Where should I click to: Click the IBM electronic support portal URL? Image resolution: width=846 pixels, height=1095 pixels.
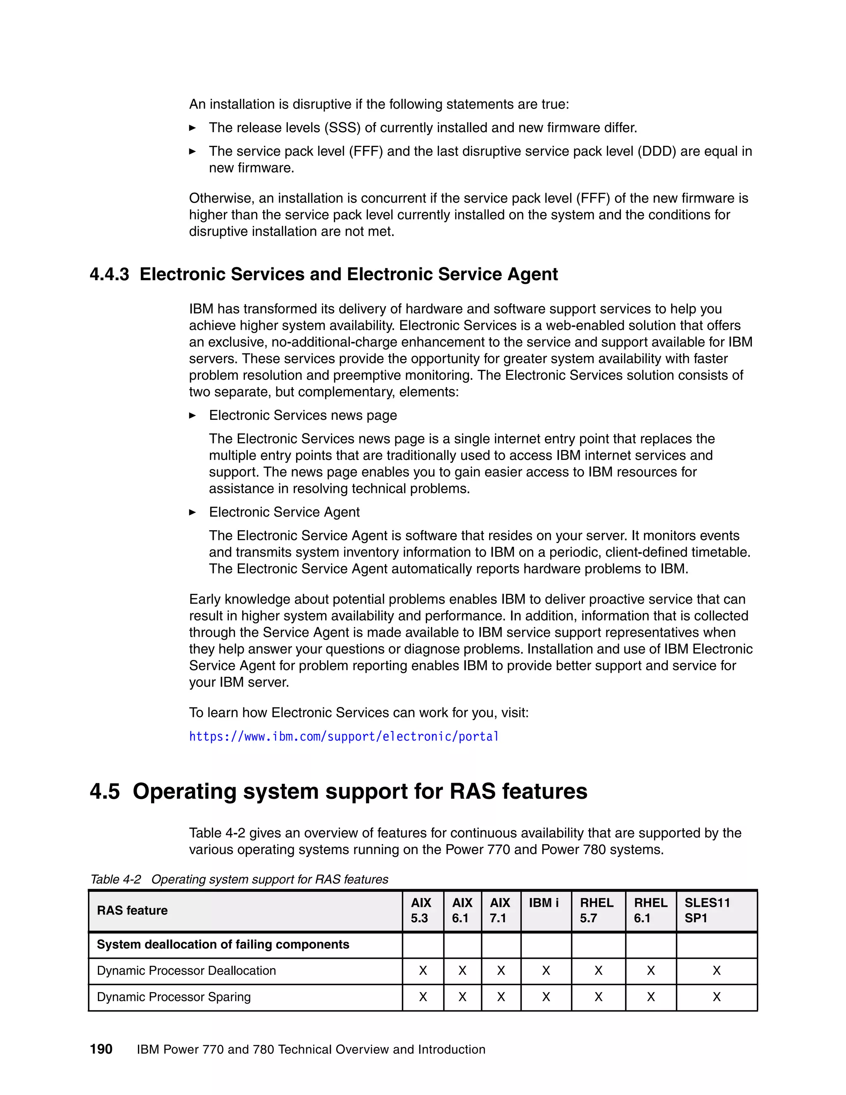pos(344,736)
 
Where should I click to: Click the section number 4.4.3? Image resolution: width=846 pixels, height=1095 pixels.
pos(109,274)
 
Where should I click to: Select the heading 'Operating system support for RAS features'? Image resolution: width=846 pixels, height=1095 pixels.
pos(359,791)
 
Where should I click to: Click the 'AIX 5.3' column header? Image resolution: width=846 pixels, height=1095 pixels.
pos(421,910)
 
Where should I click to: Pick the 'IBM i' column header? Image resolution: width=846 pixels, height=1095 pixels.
pos(544,903)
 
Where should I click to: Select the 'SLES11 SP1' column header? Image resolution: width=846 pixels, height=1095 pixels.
pos(707,910)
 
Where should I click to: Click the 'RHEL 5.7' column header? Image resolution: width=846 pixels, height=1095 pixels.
pos(596,910)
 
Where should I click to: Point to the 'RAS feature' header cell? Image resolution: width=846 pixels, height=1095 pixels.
pos(132,910)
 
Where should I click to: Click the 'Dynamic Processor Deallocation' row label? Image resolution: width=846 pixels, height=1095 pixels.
pos(186,971)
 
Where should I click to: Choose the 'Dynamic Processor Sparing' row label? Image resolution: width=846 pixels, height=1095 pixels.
pos(173,997)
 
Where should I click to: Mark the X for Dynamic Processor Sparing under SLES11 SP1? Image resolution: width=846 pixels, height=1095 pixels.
pos(716,997)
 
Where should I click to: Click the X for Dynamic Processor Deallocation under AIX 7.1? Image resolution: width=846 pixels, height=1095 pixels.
pos(501,971)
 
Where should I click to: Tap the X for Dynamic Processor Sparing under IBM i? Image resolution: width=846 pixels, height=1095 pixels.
pos(546,997)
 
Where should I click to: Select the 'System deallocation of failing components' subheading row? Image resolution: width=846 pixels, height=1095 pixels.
pos(223,945)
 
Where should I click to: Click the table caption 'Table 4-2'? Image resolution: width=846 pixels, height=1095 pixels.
pos(116,879)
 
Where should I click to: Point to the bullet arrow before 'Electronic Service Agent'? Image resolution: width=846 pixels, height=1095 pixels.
pos(192,512)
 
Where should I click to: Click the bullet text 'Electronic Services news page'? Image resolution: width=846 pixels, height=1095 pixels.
pos(303,415)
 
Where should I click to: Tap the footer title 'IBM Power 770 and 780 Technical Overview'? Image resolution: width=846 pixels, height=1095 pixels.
pos(311,1050)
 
